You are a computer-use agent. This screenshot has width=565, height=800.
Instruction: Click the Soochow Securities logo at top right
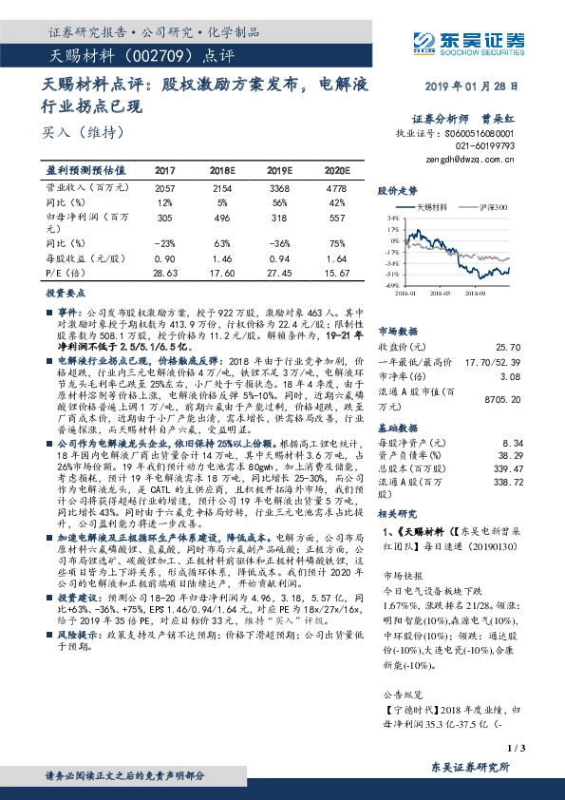470,41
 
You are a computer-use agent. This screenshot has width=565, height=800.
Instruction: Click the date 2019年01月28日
471,86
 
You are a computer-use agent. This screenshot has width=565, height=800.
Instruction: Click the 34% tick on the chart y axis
392,218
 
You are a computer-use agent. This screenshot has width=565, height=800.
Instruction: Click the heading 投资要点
67,294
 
